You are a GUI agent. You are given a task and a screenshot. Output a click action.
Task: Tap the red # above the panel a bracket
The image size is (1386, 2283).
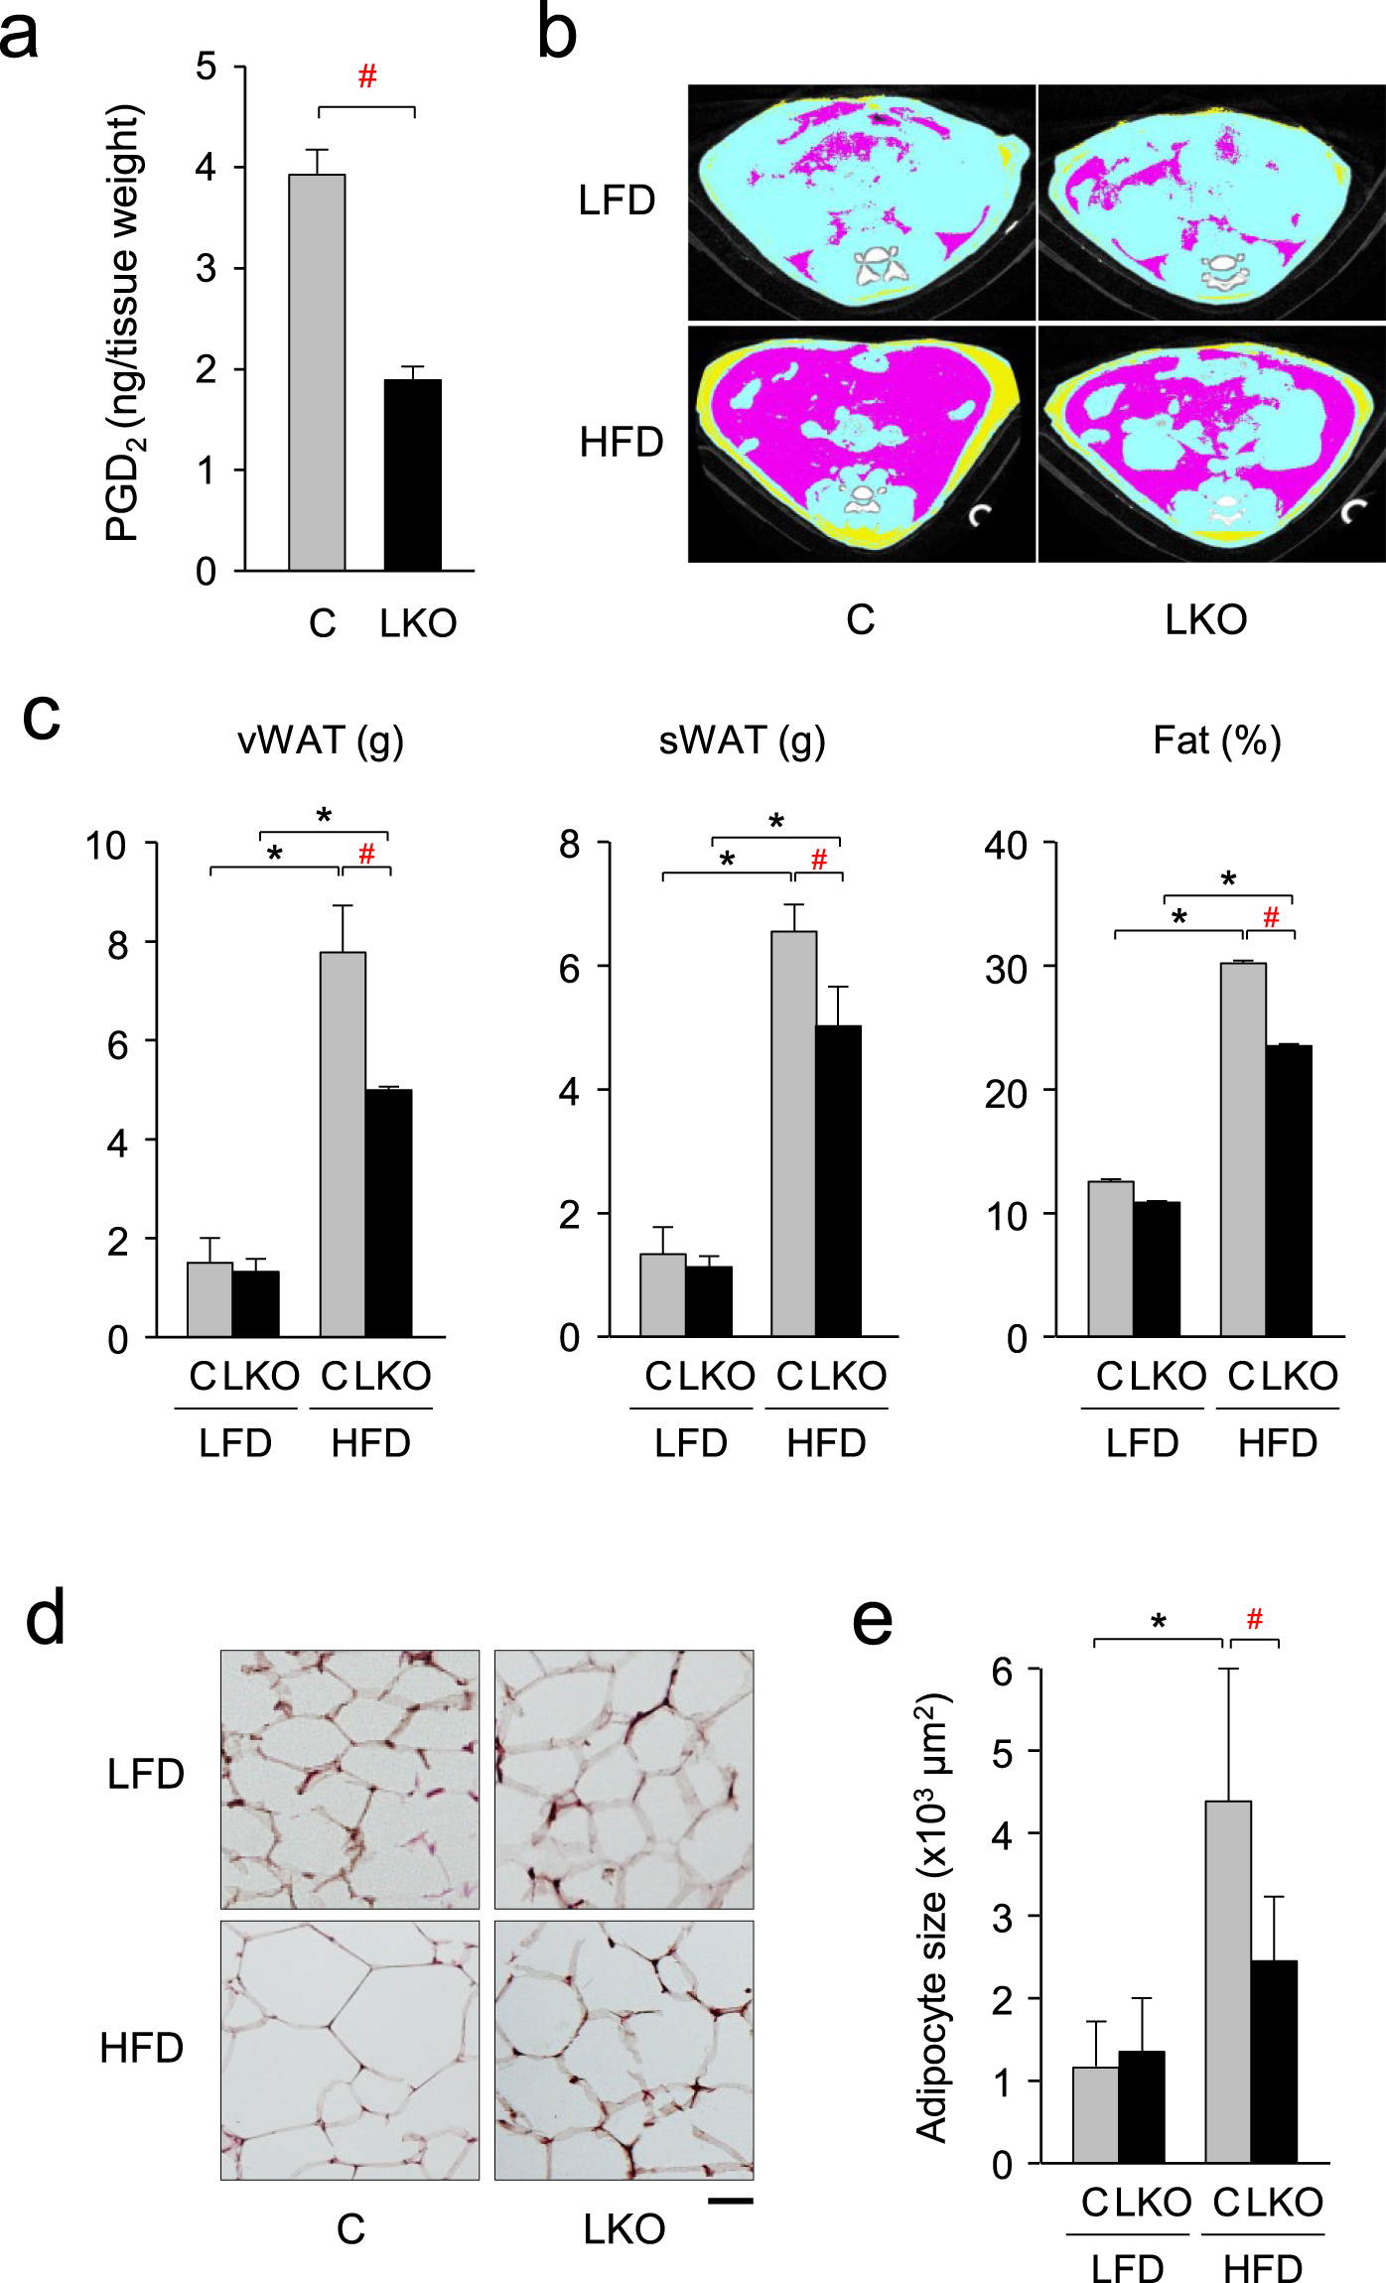[x=367, y=76]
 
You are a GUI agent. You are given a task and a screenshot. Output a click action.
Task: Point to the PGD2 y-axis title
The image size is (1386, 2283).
[x=126, y=323]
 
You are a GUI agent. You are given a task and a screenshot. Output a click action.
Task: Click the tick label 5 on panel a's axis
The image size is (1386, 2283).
[x=206, y=67]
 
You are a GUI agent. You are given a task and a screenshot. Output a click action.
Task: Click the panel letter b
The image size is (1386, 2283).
[x=556, y=32]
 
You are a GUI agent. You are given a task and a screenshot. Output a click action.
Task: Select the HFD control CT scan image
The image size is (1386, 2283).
[x=861, y=444]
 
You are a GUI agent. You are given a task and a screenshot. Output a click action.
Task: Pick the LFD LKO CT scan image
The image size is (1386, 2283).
[x=1210, y=201]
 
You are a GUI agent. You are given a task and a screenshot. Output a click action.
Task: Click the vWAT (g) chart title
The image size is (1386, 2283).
[x=320, y=740]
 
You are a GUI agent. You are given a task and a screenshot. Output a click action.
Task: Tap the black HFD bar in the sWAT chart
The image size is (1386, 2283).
[x=838, y=1180]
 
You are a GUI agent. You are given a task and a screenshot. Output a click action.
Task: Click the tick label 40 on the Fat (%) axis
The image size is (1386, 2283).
[x=1005, y=846]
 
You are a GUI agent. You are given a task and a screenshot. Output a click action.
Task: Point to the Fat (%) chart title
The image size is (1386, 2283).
[x=1216, y=740]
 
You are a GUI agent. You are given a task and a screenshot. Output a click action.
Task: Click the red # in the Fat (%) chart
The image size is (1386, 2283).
[x=1271, y=916]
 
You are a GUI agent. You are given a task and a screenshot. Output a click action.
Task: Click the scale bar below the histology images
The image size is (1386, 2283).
[x=731, y=2201]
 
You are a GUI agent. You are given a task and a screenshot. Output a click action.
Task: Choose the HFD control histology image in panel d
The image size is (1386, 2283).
[x=349, y=2049]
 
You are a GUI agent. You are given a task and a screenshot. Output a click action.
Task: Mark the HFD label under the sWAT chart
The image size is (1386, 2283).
[x=826, y=1442]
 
